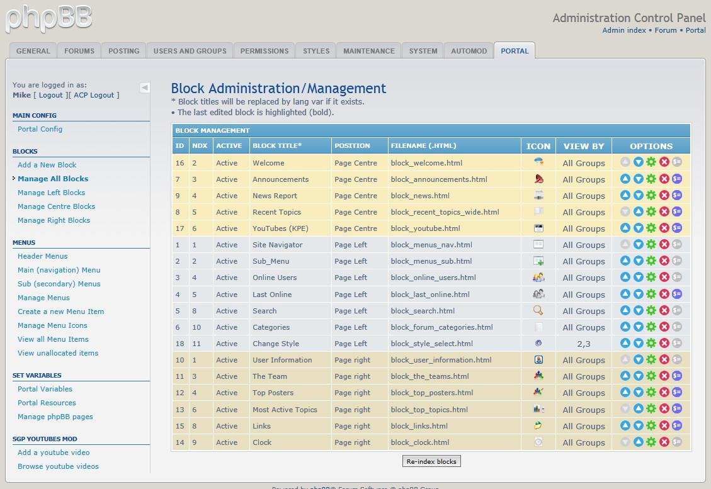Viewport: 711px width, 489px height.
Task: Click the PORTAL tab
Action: tap(515, 51)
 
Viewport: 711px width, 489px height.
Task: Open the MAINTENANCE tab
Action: tap(368, 51)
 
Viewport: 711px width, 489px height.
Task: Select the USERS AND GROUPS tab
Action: tap(190, 51)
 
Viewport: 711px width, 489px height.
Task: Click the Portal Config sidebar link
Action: tap(40, 129)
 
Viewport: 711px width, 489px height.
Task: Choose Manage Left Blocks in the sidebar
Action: tap(51, 193)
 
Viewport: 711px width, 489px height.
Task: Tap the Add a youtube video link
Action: tap(54, 452)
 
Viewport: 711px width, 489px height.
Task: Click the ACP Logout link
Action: tap(94, 95)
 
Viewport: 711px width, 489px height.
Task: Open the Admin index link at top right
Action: tap(623, 30)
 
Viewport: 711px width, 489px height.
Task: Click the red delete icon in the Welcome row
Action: tap(664, 162)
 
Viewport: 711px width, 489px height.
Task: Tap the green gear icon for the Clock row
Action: tap(651, 442)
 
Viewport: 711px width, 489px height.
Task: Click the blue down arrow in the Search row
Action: tap(638, 311)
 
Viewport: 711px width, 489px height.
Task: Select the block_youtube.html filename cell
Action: tap(425, 228)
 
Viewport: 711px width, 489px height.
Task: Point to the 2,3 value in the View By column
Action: tap(583, 344)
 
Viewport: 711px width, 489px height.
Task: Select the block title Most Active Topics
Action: tap(285, 410)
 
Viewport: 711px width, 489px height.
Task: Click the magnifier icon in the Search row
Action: tap(538, 310)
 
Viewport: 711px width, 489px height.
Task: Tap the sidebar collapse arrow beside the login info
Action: tap(145, 87)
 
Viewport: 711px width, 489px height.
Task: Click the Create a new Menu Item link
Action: tap(60, 312)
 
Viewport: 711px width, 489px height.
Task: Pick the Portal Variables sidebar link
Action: tap(45, 389)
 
